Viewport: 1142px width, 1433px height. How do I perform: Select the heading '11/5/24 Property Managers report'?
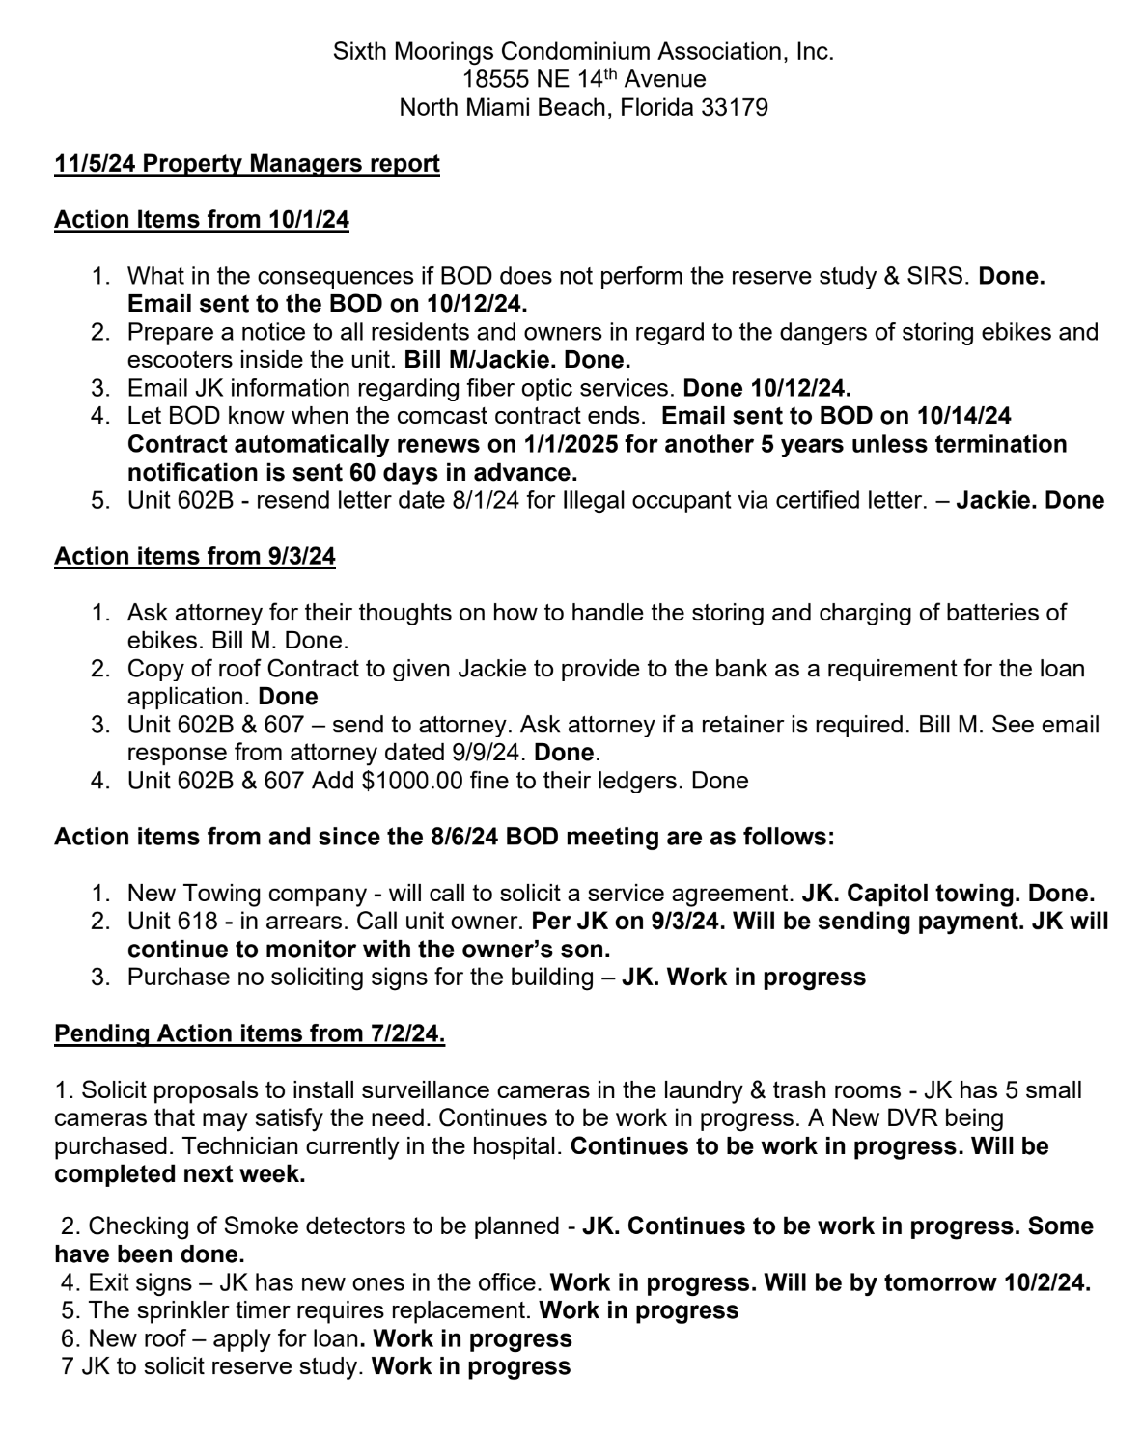(246, 163)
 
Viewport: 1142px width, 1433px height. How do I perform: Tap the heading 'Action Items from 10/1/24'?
(201, 219)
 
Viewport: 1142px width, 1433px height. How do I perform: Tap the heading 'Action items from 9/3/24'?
(194, 556)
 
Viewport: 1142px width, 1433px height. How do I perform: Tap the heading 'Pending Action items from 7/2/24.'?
(249, 1033)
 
